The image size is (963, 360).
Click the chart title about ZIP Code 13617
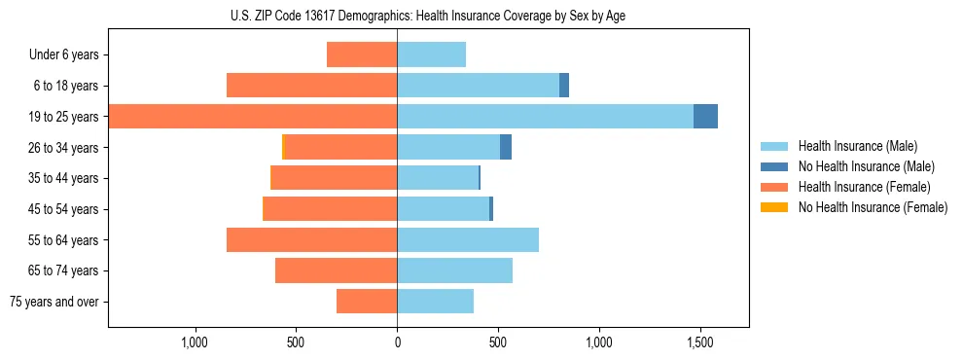click(428, 16)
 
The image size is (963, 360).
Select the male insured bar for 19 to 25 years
click(545, 117)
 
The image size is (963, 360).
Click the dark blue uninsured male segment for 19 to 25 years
click(705, 117)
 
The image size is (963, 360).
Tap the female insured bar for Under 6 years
click(362, 54)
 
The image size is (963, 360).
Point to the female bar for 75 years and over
click(367, 302)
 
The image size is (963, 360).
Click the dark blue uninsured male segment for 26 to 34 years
click(506, 147)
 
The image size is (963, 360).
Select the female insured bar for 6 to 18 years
click(311, 86)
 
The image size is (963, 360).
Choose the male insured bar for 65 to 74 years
click(454, 270)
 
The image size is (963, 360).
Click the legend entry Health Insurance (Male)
click(857, 146)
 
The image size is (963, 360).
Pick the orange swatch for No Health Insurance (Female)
click(775, 207)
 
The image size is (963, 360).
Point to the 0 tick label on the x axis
click(397, 342)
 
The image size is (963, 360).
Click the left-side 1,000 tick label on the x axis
click(195, 342)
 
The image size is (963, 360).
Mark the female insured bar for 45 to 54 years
click(331, 209)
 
